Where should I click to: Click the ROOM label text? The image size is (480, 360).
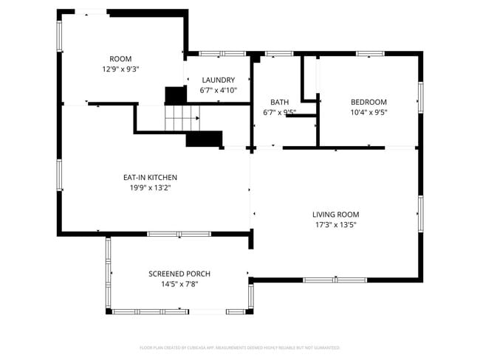click(120, 59)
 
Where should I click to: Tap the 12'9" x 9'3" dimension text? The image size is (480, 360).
click(120, 69)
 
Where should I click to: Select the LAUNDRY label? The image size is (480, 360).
click(218, 80)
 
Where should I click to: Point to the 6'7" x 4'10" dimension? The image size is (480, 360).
click(218, 90)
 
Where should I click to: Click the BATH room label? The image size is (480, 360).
click(279, 103)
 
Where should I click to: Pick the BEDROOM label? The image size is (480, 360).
click(368, 103)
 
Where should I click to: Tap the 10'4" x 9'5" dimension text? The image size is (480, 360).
click(368, 112)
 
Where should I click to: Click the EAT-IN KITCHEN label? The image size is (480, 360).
click(150, 178)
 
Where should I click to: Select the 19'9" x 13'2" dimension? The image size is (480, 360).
click(150, 187)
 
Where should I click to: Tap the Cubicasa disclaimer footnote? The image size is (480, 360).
click(239, 347)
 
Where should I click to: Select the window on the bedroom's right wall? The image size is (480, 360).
click(421, 97)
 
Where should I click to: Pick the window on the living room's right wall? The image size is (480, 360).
click(421, 214)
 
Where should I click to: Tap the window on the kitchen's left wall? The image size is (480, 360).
click(59, 176)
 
